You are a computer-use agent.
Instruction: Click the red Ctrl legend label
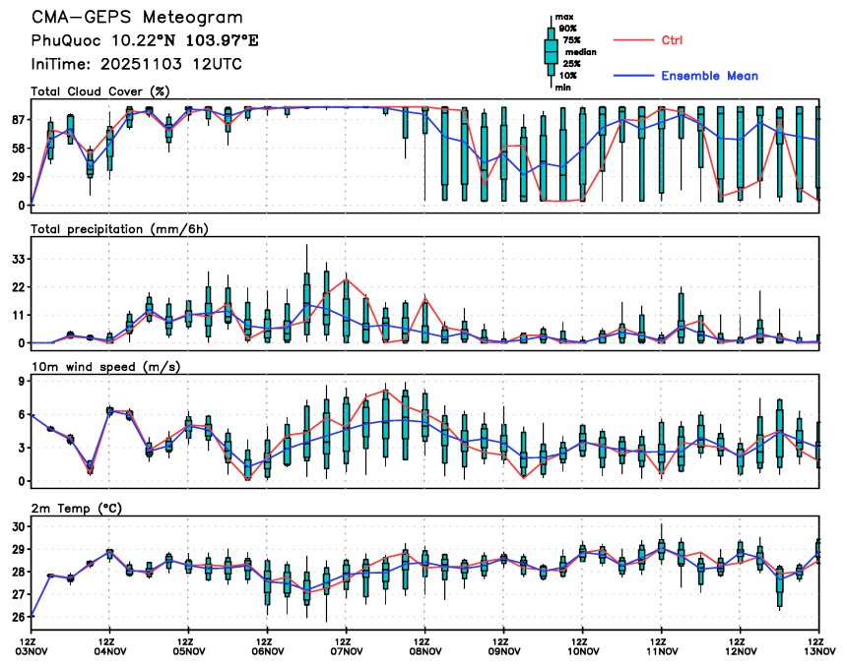click(x=672, y=39)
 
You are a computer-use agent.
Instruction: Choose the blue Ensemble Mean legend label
click(x=709, y=76)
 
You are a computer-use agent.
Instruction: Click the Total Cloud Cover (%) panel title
click(x=99, y=91)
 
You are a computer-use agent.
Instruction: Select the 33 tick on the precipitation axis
click(x=18, y=259)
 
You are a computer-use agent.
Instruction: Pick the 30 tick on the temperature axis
click(x=18, y=526)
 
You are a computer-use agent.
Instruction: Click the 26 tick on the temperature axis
click(x=18, y=617)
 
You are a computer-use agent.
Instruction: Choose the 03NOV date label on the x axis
click(x=31, y=649)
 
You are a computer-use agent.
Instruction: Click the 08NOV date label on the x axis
click(x=424, y=649)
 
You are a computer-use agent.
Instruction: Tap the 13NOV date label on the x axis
click(x=817, y=649)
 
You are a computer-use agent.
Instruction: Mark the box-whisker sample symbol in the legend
click(x=551, y=51)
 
